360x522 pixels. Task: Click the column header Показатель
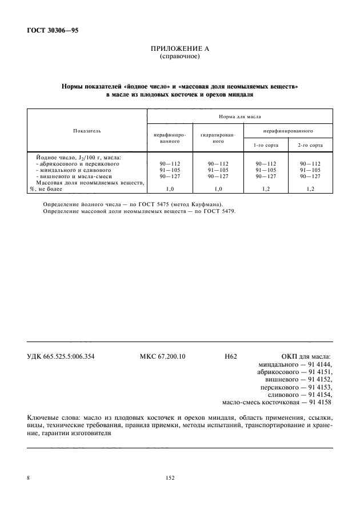tap(87, 131)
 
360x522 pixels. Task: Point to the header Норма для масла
tap(239, 116)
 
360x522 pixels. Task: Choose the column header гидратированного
tap(214, 138)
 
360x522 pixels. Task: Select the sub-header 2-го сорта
tap(310, 145)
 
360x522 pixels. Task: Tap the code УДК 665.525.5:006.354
tap(61, 356)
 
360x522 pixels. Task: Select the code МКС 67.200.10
tap(162, 356)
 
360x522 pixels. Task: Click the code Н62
tap(231, 356)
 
